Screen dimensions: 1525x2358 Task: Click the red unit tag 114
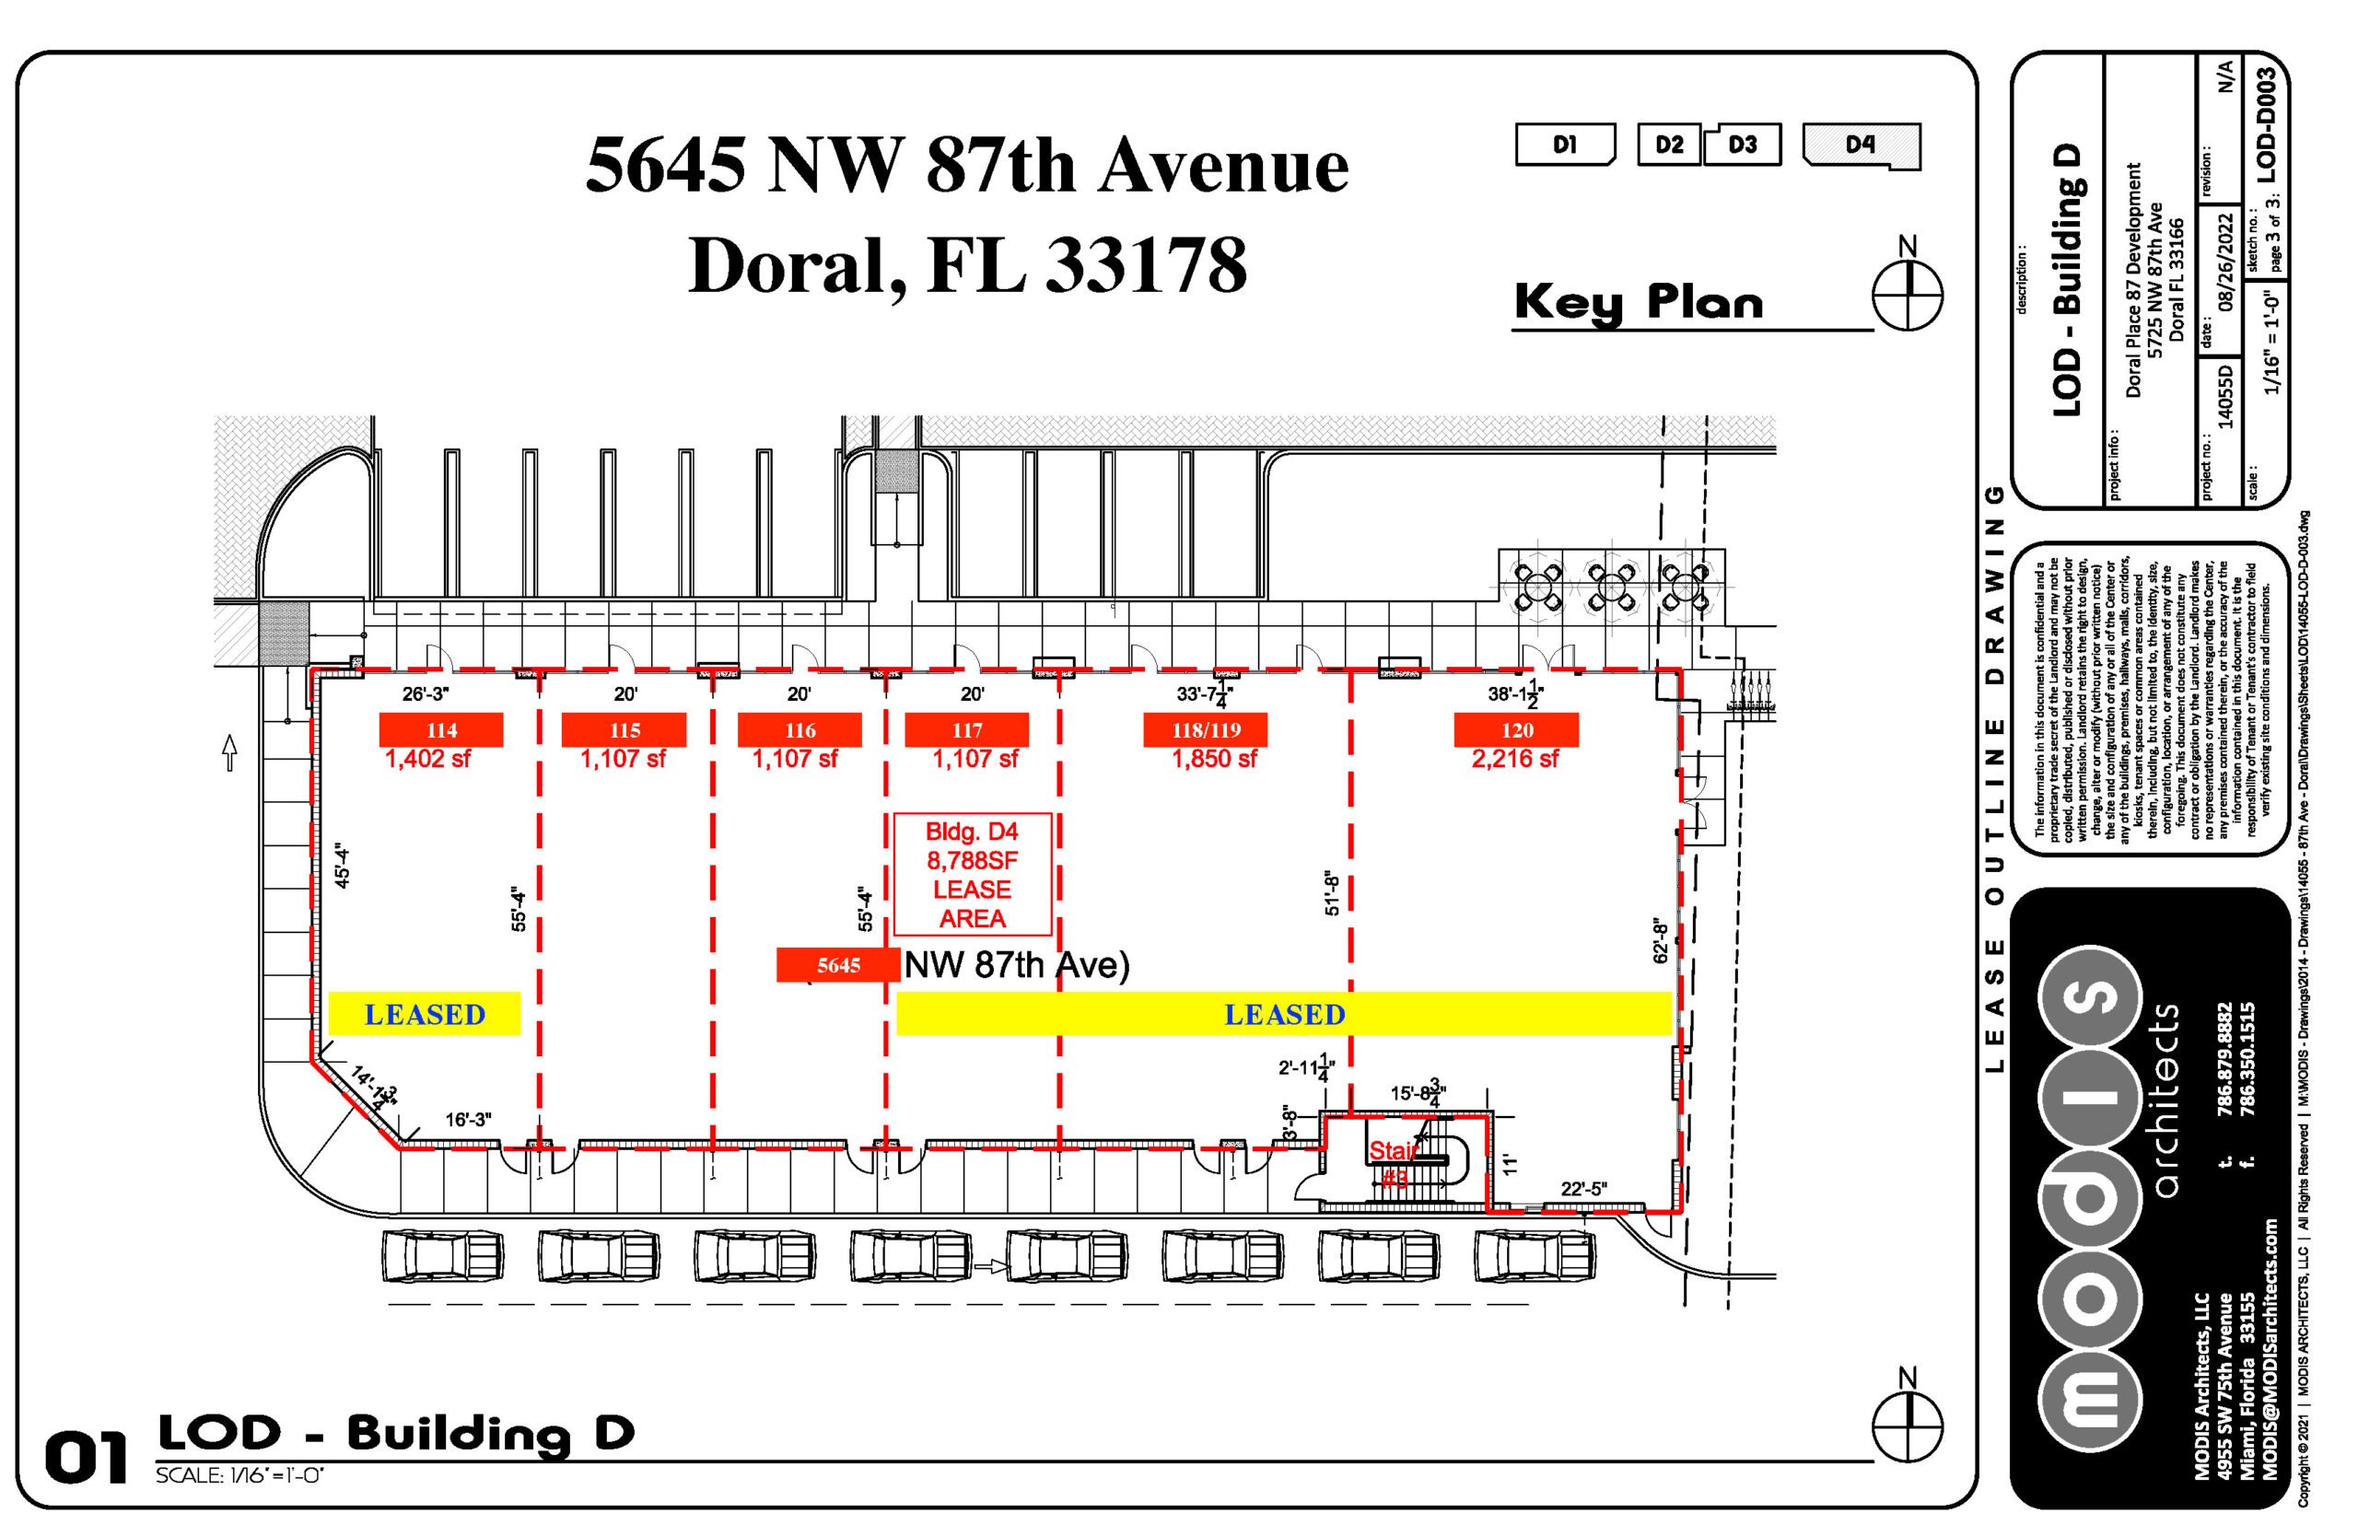(440, 730)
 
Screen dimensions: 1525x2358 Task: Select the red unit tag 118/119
(1205, 730)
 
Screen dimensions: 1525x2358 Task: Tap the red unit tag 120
(1515, 730)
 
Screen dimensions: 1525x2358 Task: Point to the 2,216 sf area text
(1513, 759)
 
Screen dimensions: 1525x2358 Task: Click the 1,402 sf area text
(426, 759)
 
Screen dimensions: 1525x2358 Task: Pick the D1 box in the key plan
(1564, 145)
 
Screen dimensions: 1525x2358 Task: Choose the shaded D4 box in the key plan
(1860, 145)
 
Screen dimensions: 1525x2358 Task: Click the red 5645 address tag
(838, 964)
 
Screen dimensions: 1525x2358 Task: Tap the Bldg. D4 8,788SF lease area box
(972, 875)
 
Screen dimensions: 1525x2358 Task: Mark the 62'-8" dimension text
(1661, 939)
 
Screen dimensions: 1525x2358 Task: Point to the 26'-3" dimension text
(425, 694)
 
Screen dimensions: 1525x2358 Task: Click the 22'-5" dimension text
(1582, 1188)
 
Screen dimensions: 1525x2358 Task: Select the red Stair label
(1393, 1151)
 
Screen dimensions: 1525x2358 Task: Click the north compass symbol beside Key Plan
(1907, 294)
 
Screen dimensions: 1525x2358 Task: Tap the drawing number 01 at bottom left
(87, 1458)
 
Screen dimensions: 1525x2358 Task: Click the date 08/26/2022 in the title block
(2224, 262)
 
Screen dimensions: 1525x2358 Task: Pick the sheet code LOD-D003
(2266, 124)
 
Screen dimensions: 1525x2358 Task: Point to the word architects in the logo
(2165, 1100)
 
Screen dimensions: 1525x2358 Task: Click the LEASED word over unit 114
(424, 1014)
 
